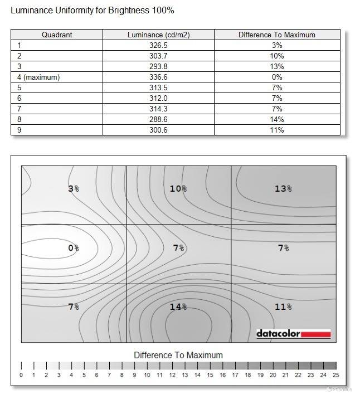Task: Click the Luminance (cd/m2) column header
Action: click(158, 35)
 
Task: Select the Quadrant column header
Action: click(56, 35)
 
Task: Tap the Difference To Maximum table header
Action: click(276, 35)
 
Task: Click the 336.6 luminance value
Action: click(158, 77)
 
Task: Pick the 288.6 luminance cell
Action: click(158, 119)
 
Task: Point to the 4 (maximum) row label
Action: click(38, 77)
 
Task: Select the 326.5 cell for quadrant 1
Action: click(158, 45)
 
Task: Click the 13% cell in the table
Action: click(276, 66)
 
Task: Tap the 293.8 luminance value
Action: click(158, 66)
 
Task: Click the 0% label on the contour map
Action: click(74, 248)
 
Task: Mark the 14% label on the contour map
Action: click(178, 306)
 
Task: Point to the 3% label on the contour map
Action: click(74, 189)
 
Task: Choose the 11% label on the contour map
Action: click(283, 306)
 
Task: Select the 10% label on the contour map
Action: click(178, 189)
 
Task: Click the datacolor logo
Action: click(293, 334)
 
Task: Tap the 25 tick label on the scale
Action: click(335, 375)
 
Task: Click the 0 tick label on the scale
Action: click(21, 375)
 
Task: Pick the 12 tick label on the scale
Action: click(172, 375)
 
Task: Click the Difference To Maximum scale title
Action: click(178, 355)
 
